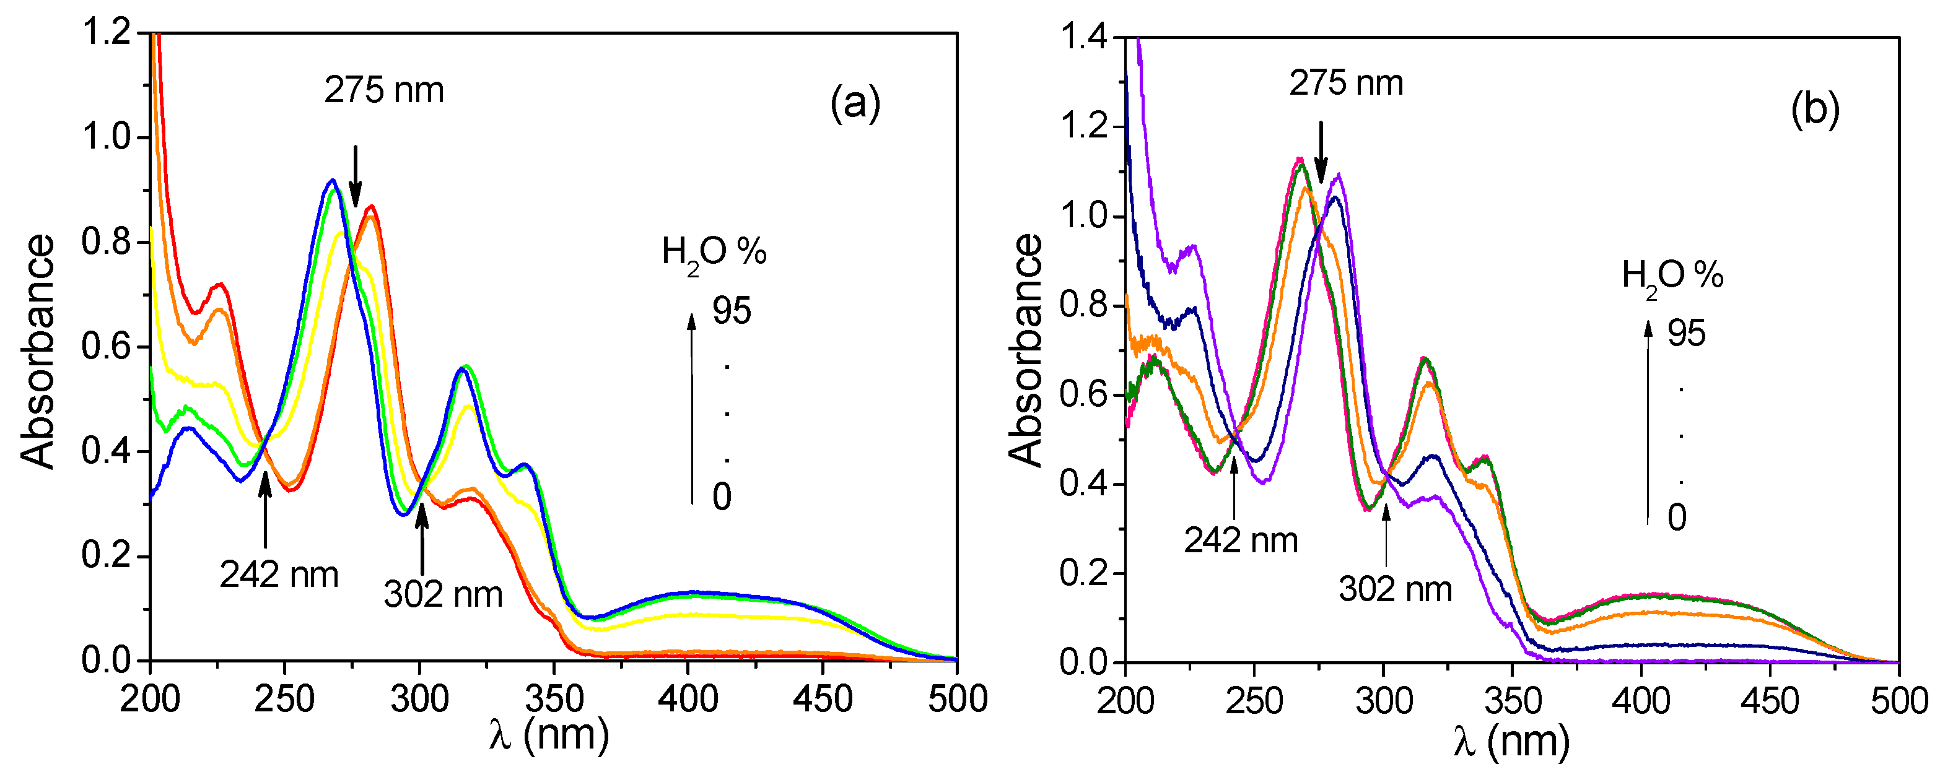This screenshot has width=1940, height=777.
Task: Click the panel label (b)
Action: [1815, 110]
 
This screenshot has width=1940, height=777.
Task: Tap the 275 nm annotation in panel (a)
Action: [384, 91]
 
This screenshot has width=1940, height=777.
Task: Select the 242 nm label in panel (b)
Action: [1240, 540]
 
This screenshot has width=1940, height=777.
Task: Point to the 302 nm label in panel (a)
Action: [443, 595]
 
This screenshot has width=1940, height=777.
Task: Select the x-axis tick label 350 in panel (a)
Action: [554, 700]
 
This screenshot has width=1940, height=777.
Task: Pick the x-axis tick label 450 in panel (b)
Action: [1770, 701]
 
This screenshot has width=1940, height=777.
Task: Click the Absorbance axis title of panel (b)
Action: [1026, 349]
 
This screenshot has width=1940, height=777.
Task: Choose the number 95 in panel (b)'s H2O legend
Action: [1685, 334]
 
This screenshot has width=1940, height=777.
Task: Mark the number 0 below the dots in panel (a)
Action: [722, 497]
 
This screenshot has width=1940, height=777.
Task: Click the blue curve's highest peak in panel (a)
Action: [332, 181]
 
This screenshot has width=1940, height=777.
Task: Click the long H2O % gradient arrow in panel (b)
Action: [1648, 422]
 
